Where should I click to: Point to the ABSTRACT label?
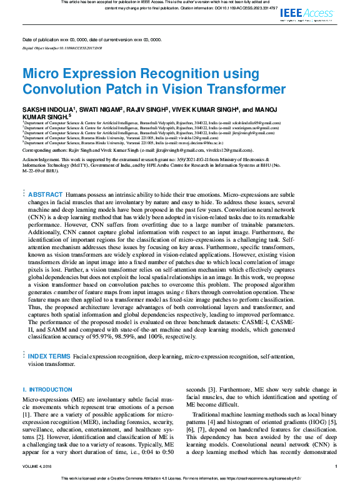coord(46,177)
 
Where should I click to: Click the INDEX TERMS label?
coord(49,356)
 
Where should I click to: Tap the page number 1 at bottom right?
coord(336,467)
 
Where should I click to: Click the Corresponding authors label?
coord(50,151)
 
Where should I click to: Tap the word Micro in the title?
coord(45,72)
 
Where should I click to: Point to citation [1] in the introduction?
coord(26,414)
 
